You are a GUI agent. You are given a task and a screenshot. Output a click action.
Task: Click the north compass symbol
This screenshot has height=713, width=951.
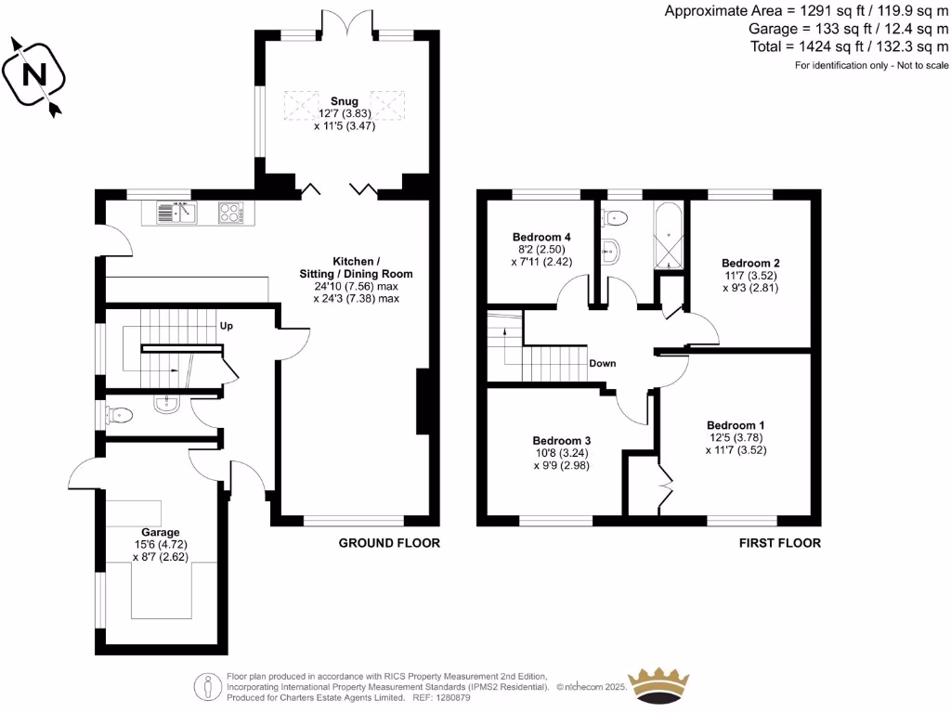click(34, 75)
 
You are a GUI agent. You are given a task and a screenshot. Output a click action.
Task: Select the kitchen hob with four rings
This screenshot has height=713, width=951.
click(232, 214)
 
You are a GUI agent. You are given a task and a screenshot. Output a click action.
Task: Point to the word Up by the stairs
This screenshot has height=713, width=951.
click(226, 326)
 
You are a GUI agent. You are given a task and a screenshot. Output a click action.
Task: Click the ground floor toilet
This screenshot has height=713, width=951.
click(121, 415)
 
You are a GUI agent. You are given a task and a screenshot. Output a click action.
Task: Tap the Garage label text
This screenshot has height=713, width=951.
click(161, 532)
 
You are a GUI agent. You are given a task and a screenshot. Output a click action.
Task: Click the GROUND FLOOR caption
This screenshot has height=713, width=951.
click(389, 543)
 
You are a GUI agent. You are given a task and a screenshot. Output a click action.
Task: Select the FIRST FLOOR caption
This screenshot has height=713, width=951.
click(780, 543)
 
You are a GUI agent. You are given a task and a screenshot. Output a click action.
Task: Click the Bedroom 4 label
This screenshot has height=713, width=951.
click(541, 238)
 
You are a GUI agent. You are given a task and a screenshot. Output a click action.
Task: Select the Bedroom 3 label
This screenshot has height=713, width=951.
click(562, 440)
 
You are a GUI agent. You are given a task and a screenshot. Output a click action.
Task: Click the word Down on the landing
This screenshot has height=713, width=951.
click(602, 364)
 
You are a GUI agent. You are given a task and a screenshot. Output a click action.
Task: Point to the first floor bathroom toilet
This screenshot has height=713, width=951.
click(615, 218)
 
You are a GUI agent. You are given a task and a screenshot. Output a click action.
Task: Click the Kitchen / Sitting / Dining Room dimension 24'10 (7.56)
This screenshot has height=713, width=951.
click(342, 286)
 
